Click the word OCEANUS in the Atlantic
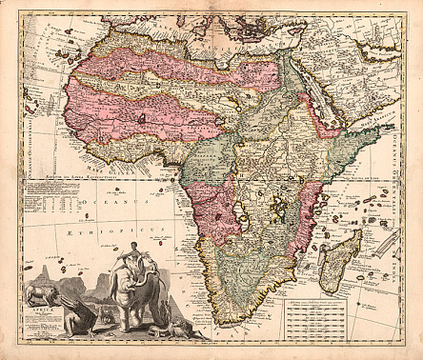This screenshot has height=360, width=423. tap(112, 202)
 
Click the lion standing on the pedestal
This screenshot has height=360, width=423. tap(39, 287)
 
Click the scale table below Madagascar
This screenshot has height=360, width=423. tap(329, 315)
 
